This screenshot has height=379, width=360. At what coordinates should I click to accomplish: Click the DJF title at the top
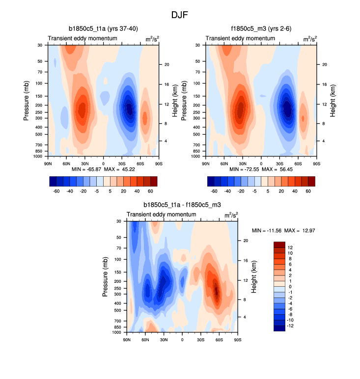coord(180,15)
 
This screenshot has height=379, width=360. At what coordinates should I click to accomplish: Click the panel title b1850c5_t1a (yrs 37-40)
coord(103,29)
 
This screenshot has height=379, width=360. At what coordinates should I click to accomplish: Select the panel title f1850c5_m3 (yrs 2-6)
coord(261,29)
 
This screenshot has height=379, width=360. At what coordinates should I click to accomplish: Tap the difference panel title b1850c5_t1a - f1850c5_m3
coord(182,205)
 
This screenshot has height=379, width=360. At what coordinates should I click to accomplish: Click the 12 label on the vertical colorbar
coord(290,247)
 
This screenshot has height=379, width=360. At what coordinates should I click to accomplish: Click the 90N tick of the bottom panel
coord(127,339)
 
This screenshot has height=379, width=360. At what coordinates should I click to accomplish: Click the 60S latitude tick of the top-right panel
coord(298,163)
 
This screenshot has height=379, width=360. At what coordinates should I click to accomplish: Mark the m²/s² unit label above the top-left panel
coord(151,38)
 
